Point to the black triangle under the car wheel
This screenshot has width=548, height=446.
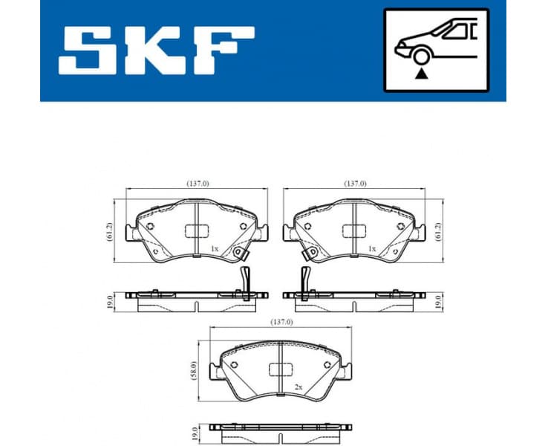(423, 74)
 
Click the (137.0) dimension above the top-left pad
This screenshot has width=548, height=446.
(198, 184)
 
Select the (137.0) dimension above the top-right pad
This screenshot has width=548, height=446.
(355, 184)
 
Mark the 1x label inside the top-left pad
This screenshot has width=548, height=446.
(214, 249)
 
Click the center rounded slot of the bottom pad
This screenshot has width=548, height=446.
(280, 369)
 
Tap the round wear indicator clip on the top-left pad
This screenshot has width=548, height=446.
(239, 253)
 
